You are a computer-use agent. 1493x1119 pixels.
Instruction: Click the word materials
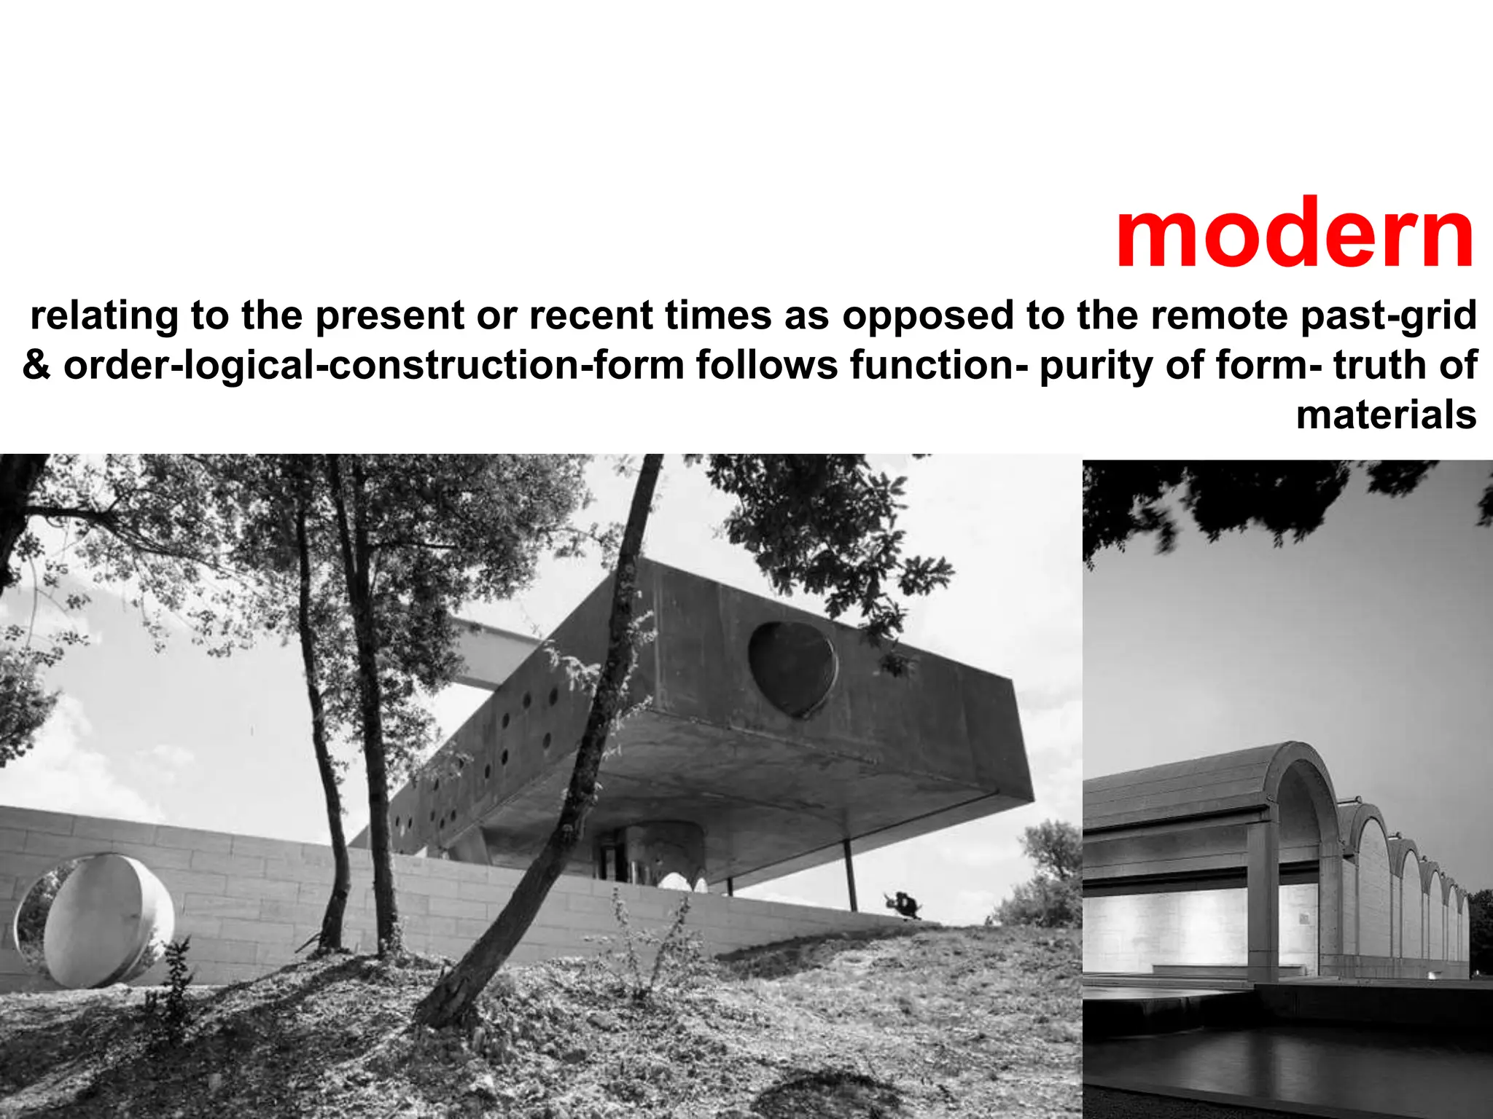(x=1386, y=415)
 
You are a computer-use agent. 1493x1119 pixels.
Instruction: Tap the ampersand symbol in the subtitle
(x=36, y=365)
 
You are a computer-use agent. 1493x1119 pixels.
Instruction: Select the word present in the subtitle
(x=390, y=316)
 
